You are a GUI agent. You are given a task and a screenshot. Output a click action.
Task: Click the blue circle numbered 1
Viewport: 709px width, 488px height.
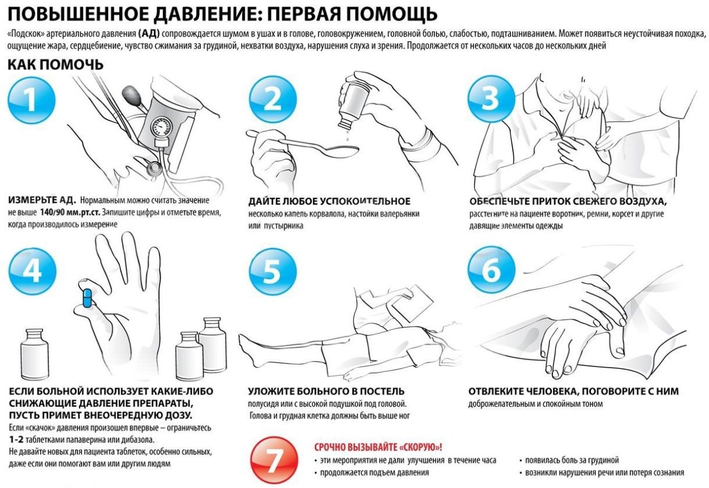click(32, 100)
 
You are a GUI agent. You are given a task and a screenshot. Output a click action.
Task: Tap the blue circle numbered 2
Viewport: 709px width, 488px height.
click(272, 100)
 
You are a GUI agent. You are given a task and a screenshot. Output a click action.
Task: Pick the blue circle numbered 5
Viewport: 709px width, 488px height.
click(272, 270)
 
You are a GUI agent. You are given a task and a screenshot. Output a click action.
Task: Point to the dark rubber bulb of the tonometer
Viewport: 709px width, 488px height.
click(131, 95)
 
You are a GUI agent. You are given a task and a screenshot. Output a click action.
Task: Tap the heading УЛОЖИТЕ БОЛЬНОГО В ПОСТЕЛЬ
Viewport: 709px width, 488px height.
click(326, 391)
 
